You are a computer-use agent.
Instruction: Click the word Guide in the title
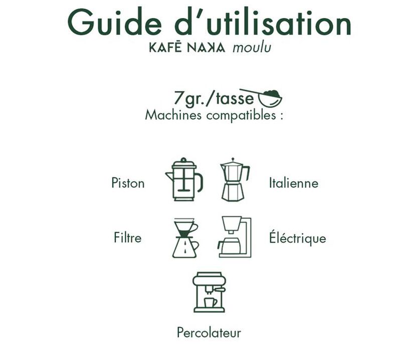coord(115,22)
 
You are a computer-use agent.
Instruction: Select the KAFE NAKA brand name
coord(187,48)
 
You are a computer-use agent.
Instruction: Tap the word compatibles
coord(241,116)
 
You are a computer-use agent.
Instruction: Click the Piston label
coord(128,183)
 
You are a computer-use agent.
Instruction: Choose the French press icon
coord(184,179)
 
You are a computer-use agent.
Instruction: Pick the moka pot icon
coord(235,179)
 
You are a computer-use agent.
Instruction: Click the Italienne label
coord(294,183)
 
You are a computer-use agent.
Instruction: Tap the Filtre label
coord(128,238)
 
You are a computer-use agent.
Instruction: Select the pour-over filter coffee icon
coord(185,238)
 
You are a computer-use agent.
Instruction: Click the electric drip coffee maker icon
coord(235,237)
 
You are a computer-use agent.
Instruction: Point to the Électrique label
coord(297,238)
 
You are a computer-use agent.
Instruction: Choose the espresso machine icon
coord(209,292)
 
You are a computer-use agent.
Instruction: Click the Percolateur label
coord(209,332)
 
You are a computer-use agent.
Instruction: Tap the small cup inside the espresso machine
coord(210,303)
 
